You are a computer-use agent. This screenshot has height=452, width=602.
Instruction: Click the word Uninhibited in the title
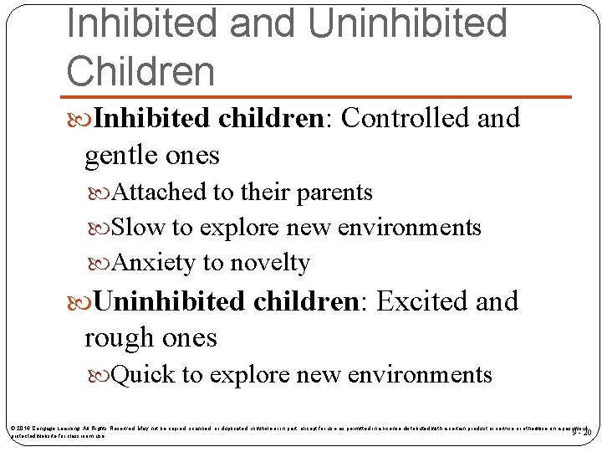click(407, 23)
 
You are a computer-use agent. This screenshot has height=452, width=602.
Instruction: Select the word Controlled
click(406, 119)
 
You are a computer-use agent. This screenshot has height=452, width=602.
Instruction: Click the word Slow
click(138, 228)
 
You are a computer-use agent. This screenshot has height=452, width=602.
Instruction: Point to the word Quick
click(143, 375)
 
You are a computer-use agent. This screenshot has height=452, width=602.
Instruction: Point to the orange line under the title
click(318, 97)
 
